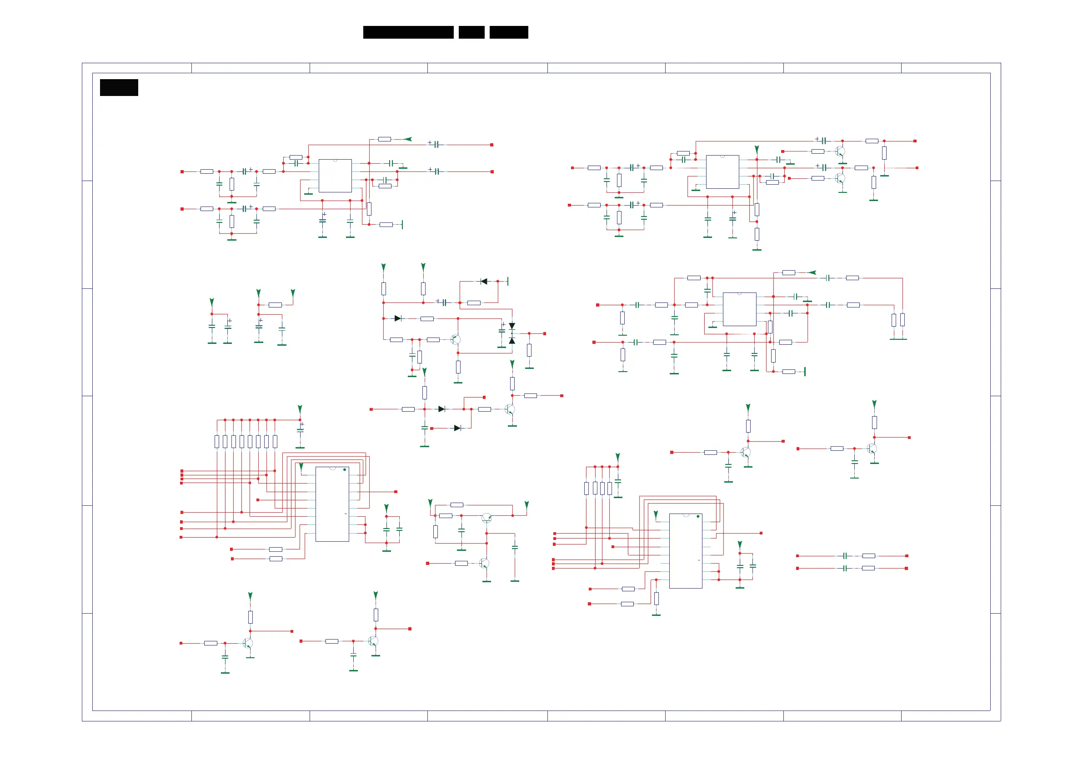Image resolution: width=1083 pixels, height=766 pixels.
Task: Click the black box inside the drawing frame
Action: [x=119, y=87]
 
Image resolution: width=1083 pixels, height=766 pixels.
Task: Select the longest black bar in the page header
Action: [x=408, y=32]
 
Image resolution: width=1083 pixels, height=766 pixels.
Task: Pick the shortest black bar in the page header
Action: [x=471, y=32]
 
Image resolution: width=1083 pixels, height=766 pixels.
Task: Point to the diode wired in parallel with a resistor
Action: [x=483, y=281]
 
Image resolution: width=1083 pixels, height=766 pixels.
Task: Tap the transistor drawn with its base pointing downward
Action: [x=486, y=518]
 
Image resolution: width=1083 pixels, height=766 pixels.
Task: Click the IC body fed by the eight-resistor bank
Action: [x=332, y=504]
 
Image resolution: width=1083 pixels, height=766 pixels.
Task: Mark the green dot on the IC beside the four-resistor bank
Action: [x=698, y=516]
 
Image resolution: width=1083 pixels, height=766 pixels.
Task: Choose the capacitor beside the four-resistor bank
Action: [x=618, y=481]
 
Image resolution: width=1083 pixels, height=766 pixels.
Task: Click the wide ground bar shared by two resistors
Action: [x=898, y=339]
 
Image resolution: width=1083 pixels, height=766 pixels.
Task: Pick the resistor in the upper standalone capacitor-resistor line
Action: [x=868, y=556]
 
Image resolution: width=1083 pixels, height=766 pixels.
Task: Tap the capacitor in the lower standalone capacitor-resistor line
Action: [x=845, y=568]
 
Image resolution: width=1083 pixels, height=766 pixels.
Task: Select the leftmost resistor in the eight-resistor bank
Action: [x=217, y=441]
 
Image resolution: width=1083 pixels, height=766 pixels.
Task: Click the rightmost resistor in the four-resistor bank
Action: [x=609, y=488]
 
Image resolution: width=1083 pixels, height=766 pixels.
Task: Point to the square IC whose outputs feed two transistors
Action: [x=722, y=172]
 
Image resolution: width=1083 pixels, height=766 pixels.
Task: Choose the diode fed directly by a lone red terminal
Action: [x=456, y=428]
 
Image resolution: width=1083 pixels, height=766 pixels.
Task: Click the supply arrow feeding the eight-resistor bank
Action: [x=300, y=409]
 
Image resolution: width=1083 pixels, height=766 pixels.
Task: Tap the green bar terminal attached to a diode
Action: [x=507, y=281]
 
